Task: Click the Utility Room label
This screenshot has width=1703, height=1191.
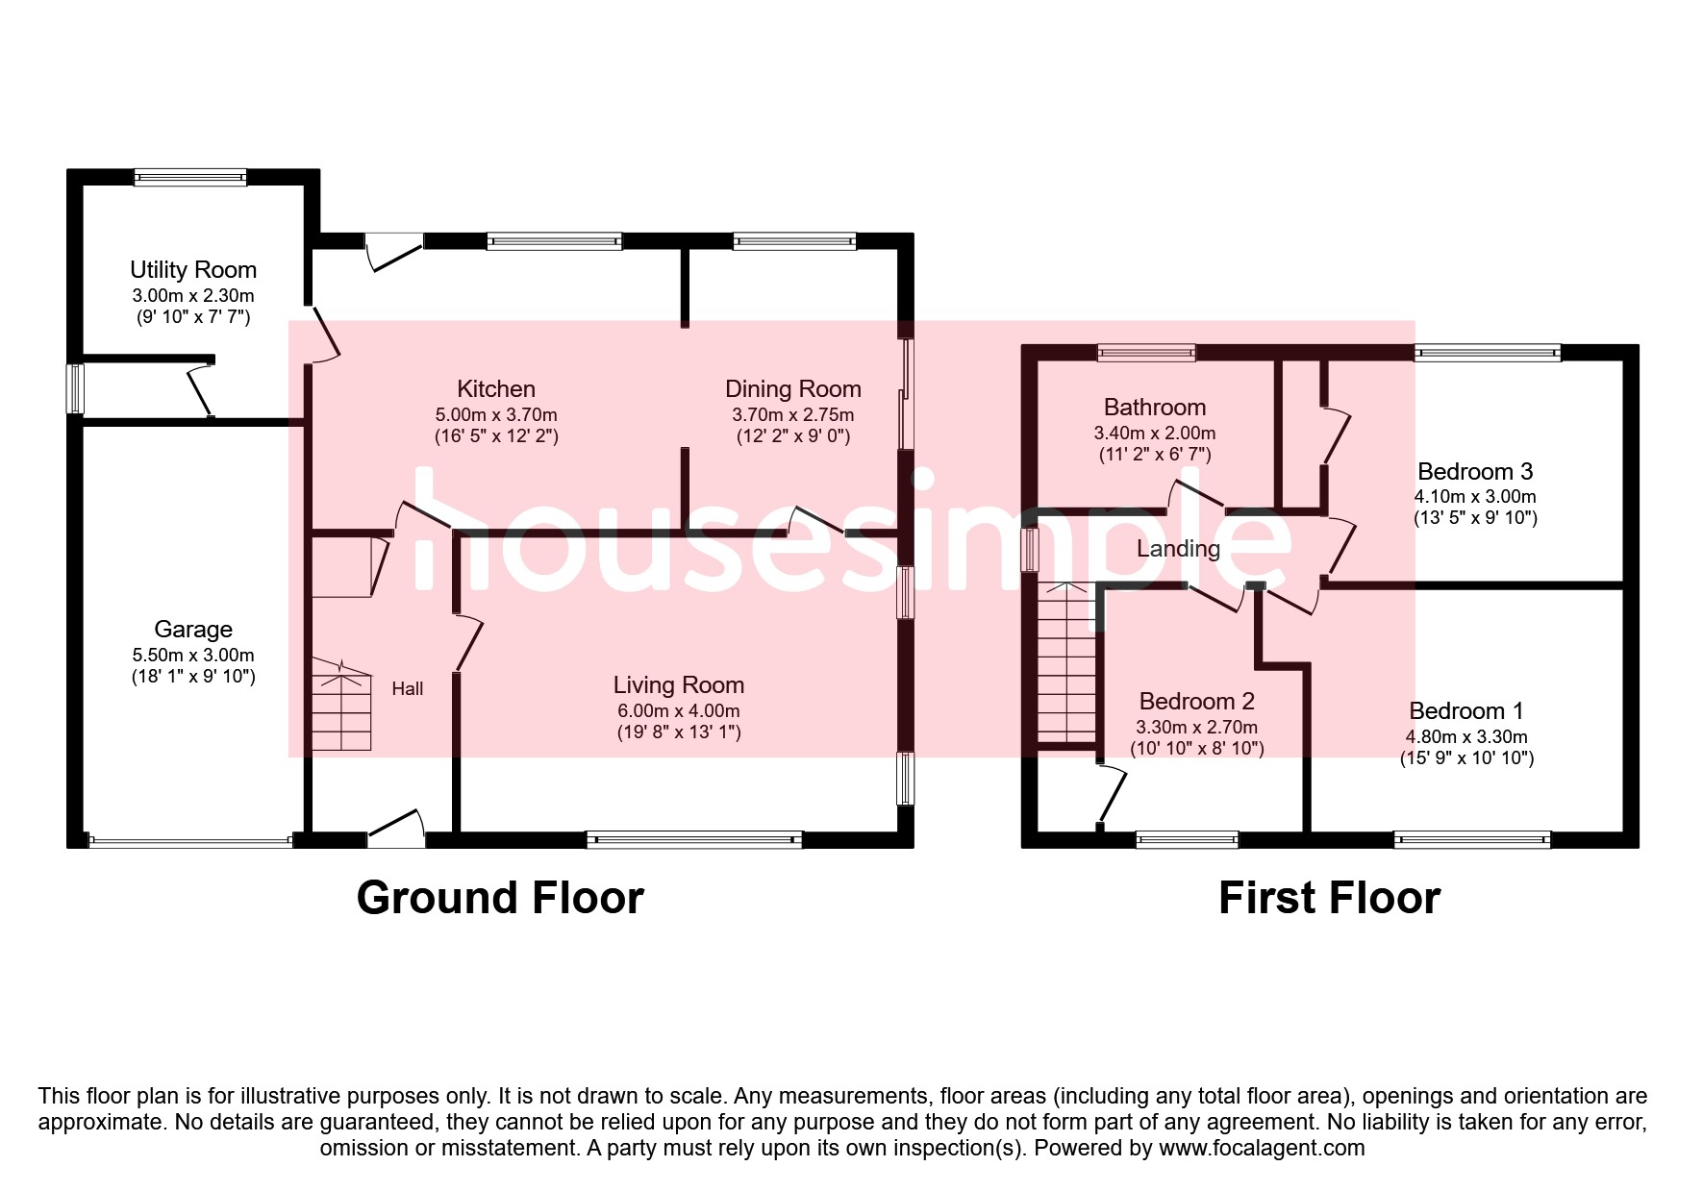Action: click(x=193, y=270)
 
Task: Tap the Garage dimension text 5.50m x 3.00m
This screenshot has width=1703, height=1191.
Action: click(x=193, y=656)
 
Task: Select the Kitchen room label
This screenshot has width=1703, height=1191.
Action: click(x=496, y=389)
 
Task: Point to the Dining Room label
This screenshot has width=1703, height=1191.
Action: click(x=792, y=389)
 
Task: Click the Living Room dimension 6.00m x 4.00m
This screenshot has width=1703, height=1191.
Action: click(x=679, y=711)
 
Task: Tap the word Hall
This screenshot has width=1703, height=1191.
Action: click(x=408, y=688)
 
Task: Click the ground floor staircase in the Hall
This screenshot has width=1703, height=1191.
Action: click(x=341, y=707)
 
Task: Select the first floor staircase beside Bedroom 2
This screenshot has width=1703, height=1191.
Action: click(x=1065, y=663)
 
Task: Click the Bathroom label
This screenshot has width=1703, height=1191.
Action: click(x=1154, y=408)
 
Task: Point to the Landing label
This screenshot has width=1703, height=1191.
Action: click(x=1178, y=549)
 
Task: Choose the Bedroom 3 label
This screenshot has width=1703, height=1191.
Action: click(x=1475, y=472)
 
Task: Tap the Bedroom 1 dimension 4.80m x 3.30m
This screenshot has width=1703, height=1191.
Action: click(x=1466, y=737)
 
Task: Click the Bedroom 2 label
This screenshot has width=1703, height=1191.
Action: click(x=1196, y=702)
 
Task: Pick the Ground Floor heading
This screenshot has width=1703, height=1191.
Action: click(x=500, y=898)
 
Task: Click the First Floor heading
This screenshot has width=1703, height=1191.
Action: click(x=1329, y=898)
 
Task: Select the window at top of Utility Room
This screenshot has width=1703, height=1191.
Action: click(x=190, y=177)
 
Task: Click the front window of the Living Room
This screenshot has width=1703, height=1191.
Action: click(x=694, y=839)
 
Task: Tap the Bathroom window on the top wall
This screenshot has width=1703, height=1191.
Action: click(x=1146, y=353)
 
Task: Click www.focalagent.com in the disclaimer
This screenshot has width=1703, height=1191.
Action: click(x=1262, y=1148)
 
